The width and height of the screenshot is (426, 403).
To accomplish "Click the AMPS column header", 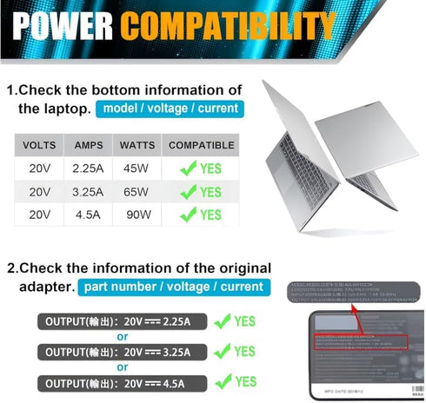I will pos(89,145).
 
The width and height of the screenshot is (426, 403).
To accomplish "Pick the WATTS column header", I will pos(136,145).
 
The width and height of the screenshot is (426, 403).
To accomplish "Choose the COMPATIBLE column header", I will pos(201,145).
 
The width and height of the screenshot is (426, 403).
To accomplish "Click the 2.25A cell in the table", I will pos(89,168).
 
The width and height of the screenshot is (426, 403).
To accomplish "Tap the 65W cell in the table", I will pos(136,191).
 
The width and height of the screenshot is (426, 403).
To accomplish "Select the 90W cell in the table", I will pos(136,215).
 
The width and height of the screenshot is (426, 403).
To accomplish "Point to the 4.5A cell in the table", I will pos(89,215).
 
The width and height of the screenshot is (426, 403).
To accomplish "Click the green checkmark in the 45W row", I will pos(188,168).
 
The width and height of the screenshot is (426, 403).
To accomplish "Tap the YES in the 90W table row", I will pos(211,215).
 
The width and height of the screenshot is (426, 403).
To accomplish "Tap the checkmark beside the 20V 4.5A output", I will pos(223,380).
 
